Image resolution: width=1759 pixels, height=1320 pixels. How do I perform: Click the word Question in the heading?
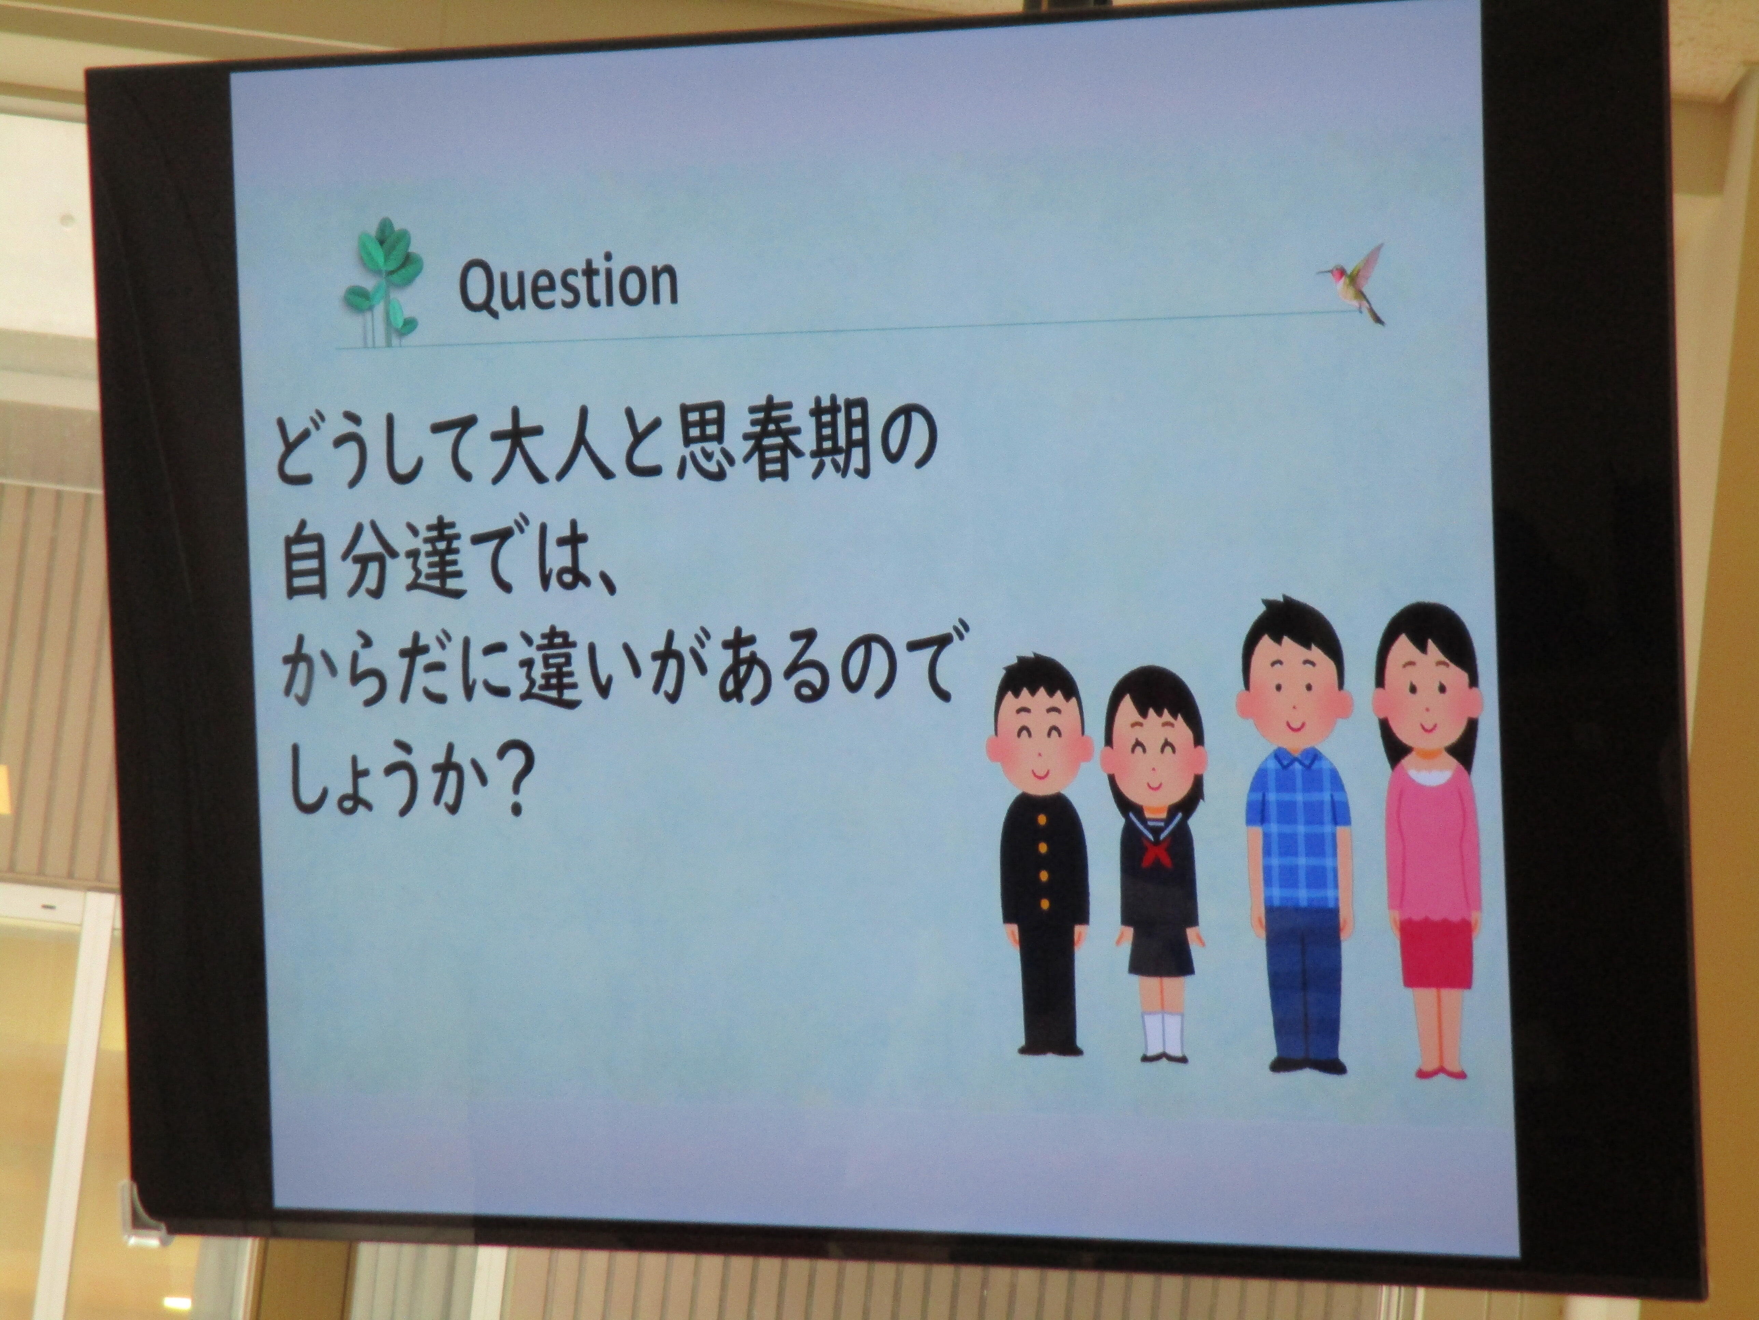coord(568,285)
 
